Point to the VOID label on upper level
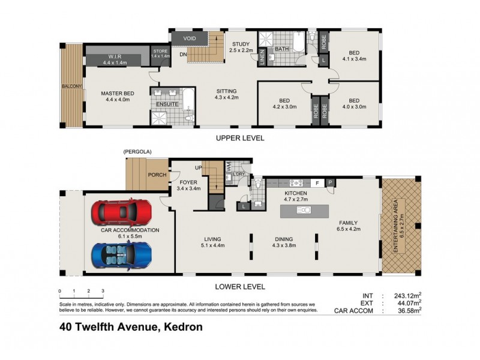pyautogui.click(x=190, y=38)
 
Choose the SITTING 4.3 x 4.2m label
pyautogui.click(x=227, y=94)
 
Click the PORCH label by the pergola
pyautogui.click(x=157, y=175)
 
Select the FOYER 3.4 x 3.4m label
pyautogui.click(x=188, y=184)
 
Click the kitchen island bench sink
pyautogui.click(x=304, y=211)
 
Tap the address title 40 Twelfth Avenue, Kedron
pyautogui.click(x=130, y=328)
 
